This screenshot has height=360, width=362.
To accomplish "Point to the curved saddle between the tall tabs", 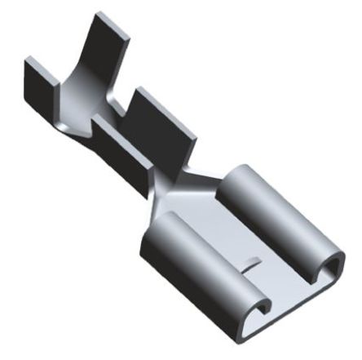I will click(x=77, y=102).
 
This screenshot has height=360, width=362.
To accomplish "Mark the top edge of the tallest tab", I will click(x=102, y=21).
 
